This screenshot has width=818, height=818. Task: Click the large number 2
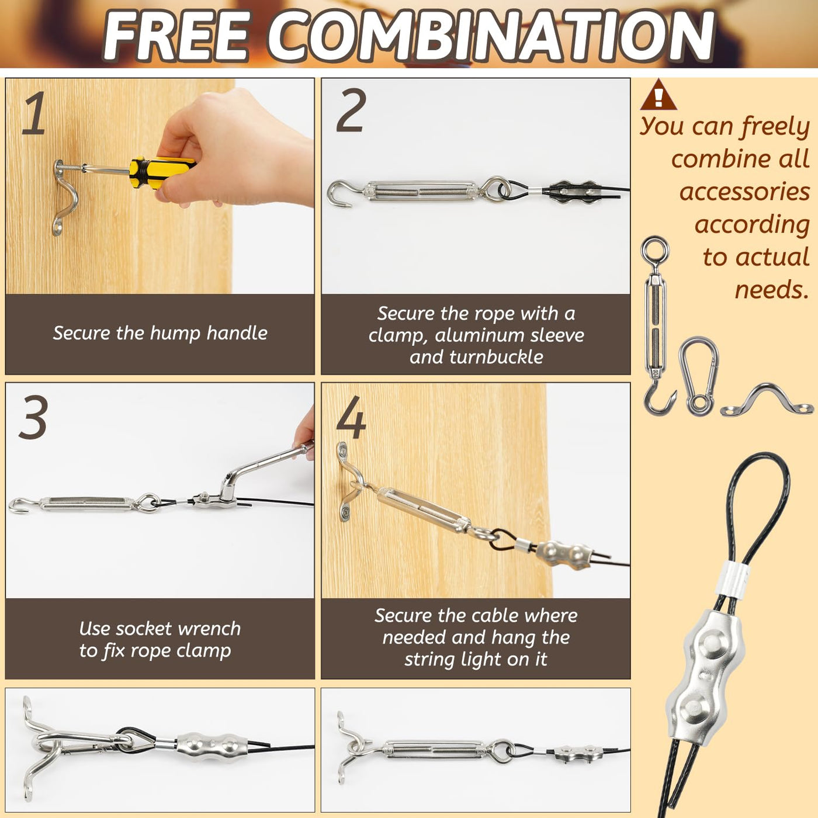click(351, 111)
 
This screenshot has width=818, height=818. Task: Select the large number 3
click(33, 417)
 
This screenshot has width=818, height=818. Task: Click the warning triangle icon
click(658, 95)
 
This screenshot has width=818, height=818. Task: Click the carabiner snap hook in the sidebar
click(698, 376)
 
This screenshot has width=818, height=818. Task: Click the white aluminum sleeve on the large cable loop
click(733, 578)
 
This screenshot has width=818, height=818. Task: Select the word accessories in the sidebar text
click(744, 192)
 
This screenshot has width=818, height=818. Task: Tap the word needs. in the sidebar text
click(772, 290)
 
